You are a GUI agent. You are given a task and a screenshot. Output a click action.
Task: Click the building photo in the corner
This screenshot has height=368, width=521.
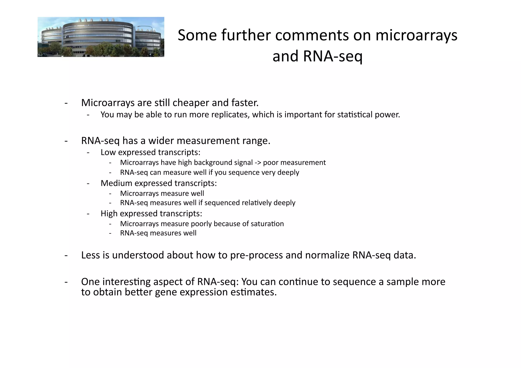101,37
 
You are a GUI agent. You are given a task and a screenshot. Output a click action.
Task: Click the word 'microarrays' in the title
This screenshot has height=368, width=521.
416,35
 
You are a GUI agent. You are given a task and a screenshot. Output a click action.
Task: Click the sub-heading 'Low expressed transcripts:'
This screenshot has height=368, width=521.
150,152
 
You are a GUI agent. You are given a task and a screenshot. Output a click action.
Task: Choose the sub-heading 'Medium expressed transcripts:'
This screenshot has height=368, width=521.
158,183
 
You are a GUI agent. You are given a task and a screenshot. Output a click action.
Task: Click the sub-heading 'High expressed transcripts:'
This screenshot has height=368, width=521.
151,213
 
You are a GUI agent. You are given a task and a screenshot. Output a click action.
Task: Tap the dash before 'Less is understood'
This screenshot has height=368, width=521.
66,255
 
